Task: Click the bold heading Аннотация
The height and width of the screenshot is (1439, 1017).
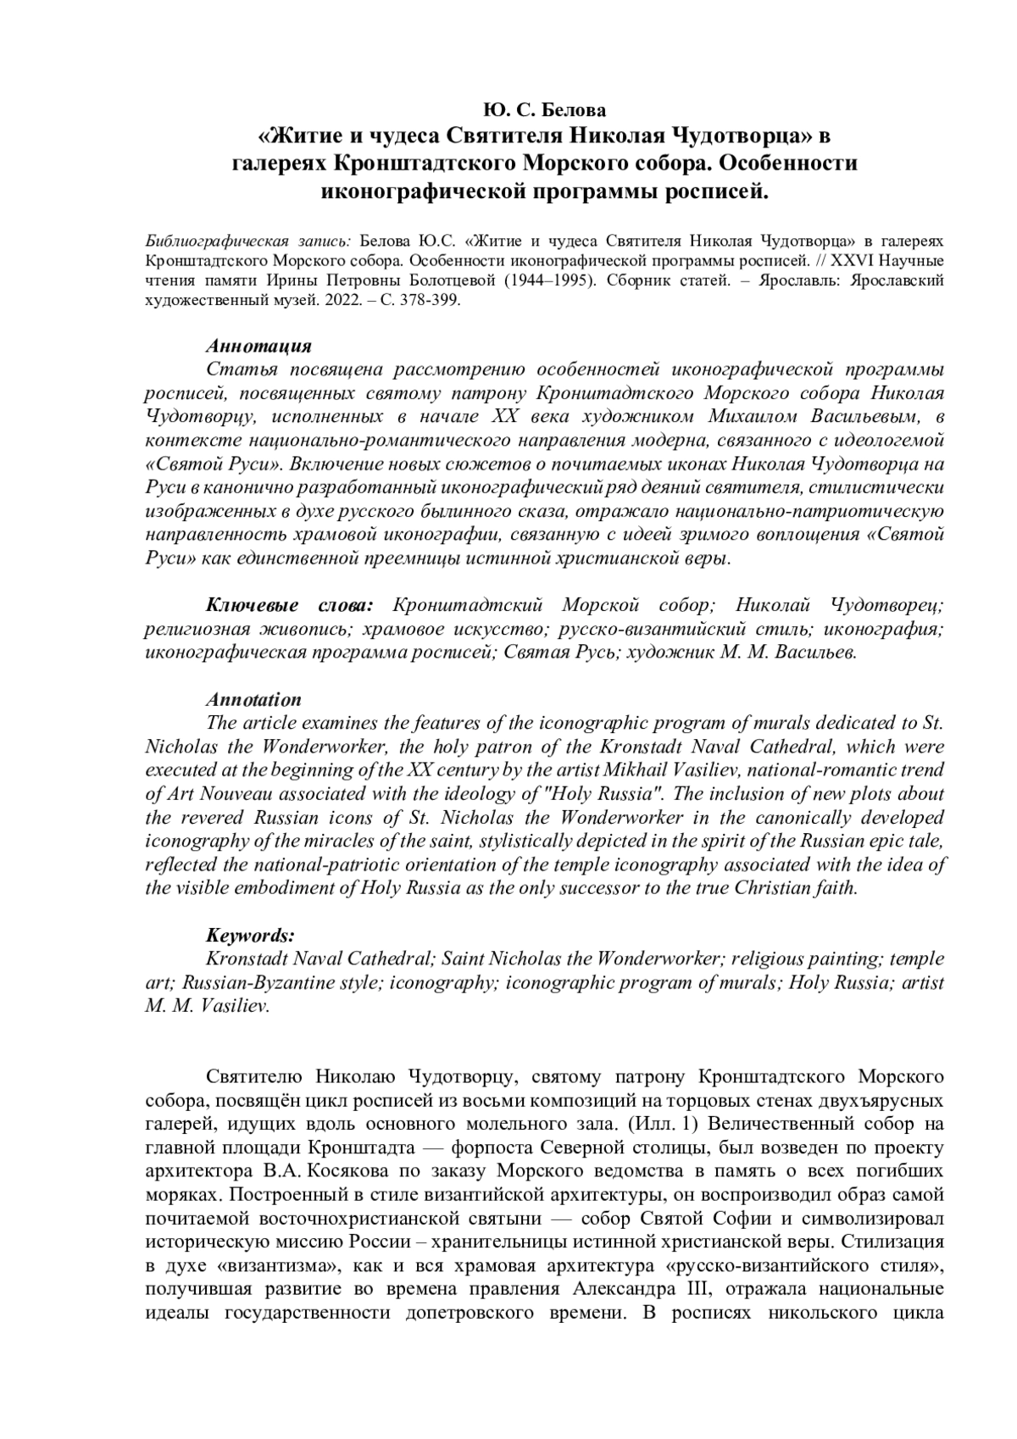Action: pos(259,347)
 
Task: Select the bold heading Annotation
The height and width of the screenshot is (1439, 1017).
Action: pos(254,700)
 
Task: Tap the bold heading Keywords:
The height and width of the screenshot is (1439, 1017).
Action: pos(251,936)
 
